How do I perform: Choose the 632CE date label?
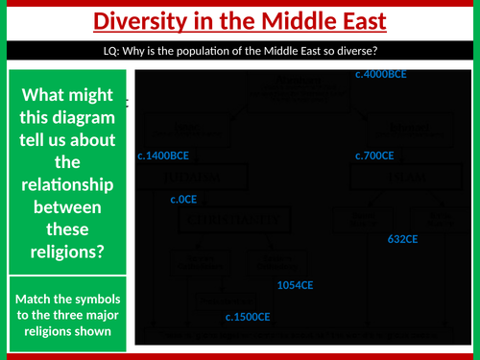tap(403, 237)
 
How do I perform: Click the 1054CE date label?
tap(296, 285)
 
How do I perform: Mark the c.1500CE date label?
tap(248, 316)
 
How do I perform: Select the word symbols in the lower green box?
tap(95, 299)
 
